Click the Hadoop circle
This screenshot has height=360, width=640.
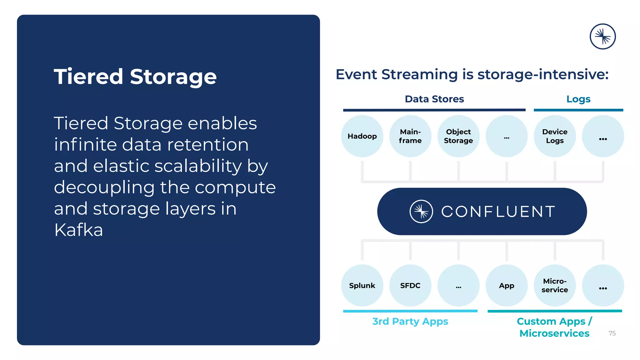pyautogui.click(x=362, y=136)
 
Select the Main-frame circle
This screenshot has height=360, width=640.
pyautogui.click(x=410, y=136)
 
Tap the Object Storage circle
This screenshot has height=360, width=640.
pyautogui.click(x=458, y=136)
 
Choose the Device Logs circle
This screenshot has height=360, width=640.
pyautogui.click(x=555, y=136)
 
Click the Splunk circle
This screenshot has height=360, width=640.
pyautogui.click(x=362, y=285)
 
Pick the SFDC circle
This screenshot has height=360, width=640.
pyautogui.click(x=410, y=285)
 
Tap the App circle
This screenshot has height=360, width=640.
pyautogui.click(x=507, y=285)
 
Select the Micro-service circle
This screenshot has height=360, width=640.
pyautogui.click(x=555, y=285)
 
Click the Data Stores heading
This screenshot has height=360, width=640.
pyautogui.click(x=434, y=99)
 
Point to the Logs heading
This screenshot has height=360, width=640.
pyautogui.click(x=578, y=99)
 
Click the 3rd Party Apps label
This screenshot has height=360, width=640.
pyautogui.click(x=410, y=321)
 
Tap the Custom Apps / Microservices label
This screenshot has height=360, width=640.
pyautogui.click(x=554, y=327)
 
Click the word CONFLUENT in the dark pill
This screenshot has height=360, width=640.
pyautogui.click(x=498, y=212)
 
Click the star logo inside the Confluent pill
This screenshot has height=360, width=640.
pyautogui.click(x=421, y=212)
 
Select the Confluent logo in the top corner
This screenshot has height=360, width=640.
pyautogui.click(x=602, y=37)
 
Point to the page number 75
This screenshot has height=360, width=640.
pyautogui.click(x=612, y=333)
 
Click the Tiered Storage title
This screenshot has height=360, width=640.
pyautogui.click(x=135, y=77)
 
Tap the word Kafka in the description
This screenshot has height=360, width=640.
pyautogui.click(x=78, y=230)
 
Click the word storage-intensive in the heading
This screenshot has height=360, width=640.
pyautogui.click(x=543, y=74)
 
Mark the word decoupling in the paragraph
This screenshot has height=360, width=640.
pyautogui.click(x=104, y=187)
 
